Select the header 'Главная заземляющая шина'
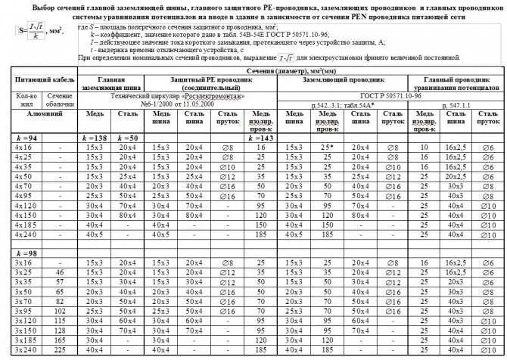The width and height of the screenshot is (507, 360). [x=112, y=82]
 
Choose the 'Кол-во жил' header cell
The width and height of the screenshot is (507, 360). [x=23, y=101]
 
